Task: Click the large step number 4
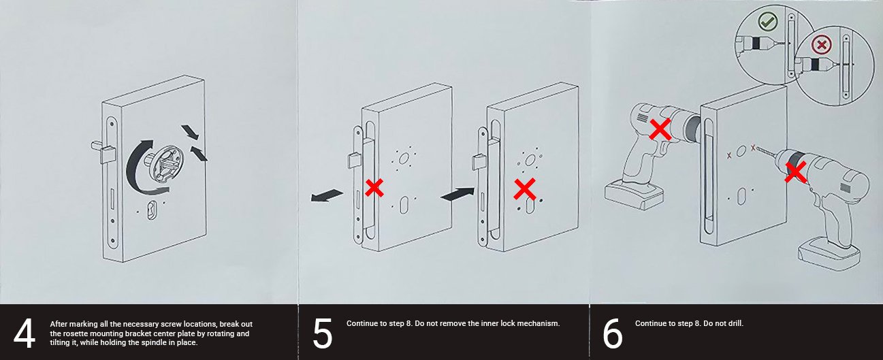[x=25, y=333]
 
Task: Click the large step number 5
[x=322, y=333]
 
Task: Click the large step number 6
[x=612, y=333]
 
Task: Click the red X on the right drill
[x=794, y=172]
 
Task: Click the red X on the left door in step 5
[x=374, y=188]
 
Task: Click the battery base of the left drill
[x=632, y=195]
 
